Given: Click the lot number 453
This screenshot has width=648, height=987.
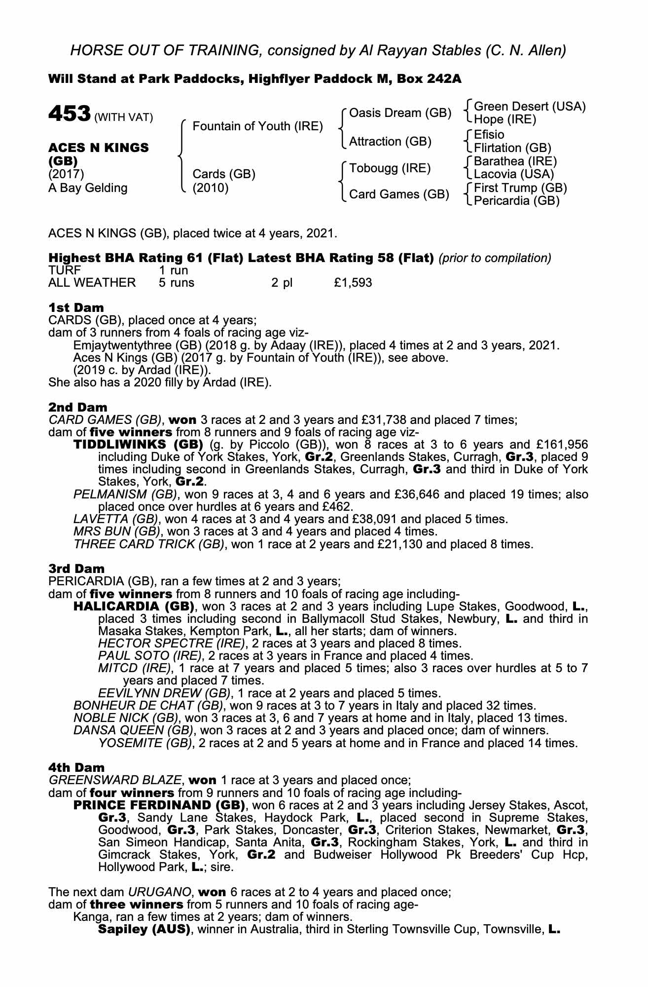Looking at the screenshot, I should [69, 114].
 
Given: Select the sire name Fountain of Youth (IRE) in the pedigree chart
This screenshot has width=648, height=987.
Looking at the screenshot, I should [257, 126].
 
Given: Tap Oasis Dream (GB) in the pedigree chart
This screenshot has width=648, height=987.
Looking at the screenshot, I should [400, 113].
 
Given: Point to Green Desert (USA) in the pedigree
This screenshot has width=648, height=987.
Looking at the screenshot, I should [530, 107].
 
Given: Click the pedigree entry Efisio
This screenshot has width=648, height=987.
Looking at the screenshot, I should [489, 135].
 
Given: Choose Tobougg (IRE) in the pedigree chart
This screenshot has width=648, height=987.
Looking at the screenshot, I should [390, 168].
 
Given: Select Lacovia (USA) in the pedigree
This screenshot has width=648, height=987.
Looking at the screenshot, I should [514, 174].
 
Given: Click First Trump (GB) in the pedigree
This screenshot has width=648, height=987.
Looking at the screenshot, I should [520, 188].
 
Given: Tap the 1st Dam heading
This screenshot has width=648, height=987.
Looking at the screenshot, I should [76, 308].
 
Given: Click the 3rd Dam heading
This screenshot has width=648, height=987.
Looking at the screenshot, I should [76, 569].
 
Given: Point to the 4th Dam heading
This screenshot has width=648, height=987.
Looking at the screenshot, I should [76, 767].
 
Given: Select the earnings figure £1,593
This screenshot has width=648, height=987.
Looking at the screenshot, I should [353, 283].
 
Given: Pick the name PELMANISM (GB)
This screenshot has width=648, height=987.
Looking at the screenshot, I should [125, 494].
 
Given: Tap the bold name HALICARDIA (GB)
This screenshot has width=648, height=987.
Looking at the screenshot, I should [133, 607].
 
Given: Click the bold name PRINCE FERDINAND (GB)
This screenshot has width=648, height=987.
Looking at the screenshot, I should [159, 805].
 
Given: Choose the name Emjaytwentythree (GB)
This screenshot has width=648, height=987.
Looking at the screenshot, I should [133, 345].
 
